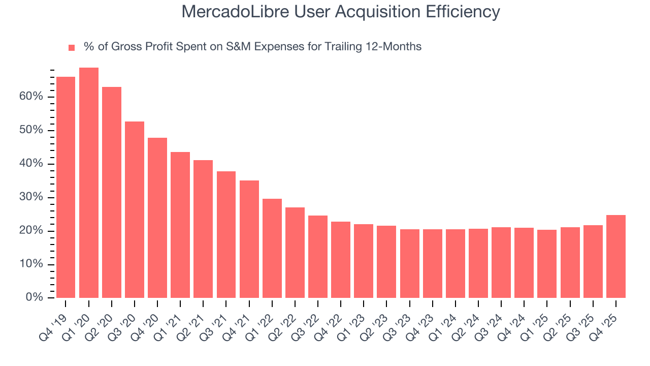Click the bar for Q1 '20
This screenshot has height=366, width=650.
[89, 182]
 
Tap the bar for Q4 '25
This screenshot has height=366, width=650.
[616, 256]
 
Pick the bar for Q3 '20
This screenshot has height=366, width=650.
[135, 209]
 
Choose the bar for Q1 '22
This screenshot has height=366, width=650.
[272, 248]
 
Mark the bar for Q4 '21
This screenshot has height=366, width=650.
[249, 239]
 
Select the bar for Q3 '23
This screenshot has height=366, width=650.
[410, 263]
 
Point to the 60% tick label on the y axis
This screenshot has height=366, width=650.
[31, 97]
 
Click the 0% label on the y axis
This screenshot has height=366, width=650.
[35, 297]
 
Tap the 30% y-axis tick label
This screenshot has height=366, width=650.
[31, 197]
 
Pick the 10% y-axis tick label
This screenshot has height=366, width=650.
[31, 264]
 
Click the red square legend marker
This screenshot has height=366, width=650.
[72, 47]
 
